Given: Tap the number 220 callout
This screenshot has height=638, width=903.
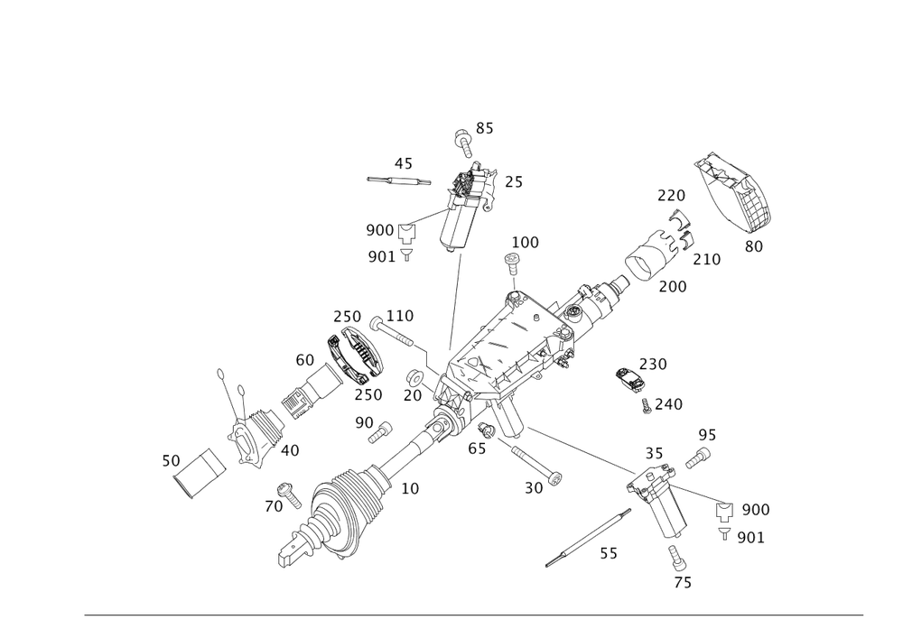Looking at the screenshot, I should click(x=671, y=195).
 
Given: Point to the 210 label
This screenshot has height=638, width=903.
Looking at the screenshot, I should click(x=706, y=260).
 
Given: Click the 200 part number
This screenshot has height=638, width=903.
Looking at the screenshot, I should click(x=673, y=286).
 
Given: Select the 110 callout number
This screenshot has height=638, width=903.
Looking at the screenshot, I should click(x=399, y=316).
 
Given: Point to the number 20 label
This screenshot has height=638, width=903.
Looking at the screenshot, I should click(x=413, y=395).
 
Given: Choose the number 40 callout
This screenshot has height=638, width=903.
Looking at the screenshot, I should click(x=290, y=449).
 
